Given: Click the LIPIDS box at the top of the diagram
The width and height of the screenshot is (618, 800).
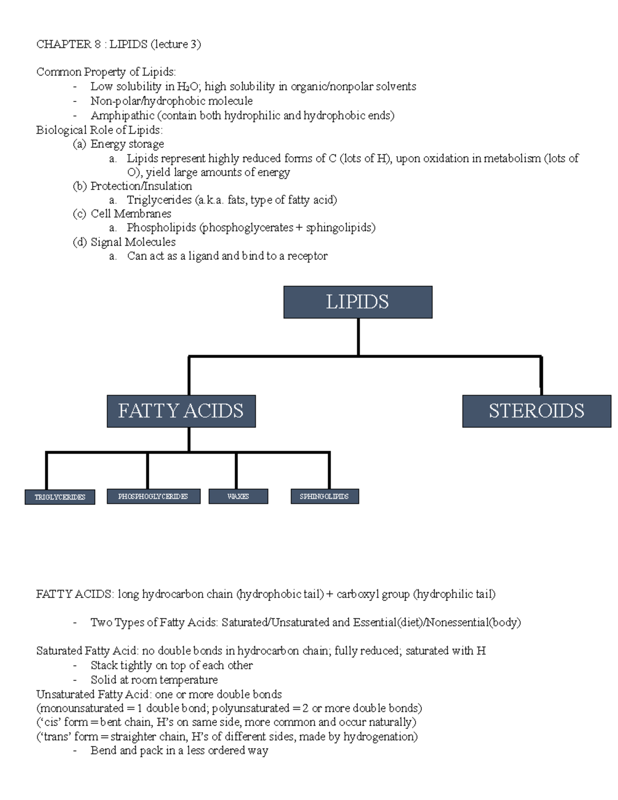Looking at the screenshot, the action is pyautogui.click(x=357, y=302).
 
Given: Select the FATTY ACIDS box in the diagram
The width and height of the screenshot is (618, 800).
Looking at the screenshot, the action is pyautogui.click(x=181, y=411).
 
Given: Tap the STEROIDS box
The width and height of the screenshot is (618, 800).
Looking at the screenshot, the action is pyautogui.click(x=536, y=411).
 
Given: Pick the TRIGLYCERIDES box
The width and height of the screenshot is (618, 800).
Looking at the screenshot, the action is pyautogui.click(x=60, y=497).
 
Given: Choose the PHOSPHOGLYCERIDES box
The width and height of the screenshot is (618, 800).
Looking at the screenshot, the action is pyautogui.click(x=153, y=497).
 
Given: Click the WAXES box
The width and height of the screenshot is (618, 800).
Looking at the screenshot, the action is pyautogui.click(x=238, y=497).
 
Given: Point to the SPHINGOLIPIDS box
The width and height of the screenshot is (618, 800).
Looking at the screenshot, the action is pyautogui.click(x=324, y=497).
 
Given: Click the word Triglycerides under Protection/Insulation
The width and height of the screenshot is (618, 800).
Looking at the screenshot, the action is pyautogui.click(x=159, y=200).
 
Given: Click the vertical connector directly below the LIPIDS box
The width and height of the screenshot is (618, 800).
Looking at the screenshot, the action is pyautogui.click(x=358, y=336).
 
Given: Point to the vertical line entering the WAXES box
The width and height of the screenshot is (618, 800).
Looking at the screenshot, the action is pyautogui.click(x=236, y=470).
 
